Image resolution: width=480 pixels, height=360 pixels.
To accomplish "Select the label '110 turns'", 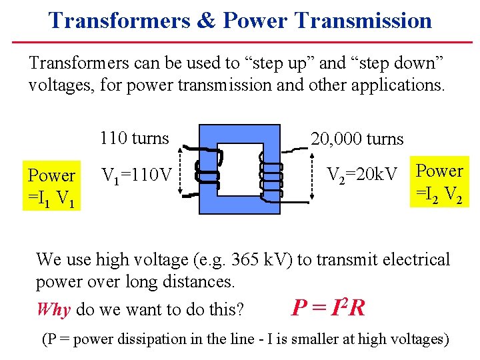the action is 134,139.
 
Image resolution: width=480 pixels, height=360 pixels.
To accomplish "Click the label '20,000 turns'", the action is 357,139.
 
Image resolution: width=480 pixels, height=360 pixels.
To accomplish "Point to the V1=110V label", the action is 137,175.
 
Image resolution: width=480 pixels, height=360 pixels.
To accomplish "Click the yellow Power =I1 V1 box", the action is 51,186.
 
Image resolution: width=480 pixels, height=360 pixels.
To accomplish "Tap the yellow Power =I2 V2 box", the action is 439,181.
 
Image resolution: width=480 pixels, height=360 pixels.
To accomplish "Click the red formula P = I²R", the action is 328,307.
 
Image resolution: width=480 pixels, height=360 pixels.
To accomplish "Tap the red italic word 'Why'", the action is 54,310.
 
